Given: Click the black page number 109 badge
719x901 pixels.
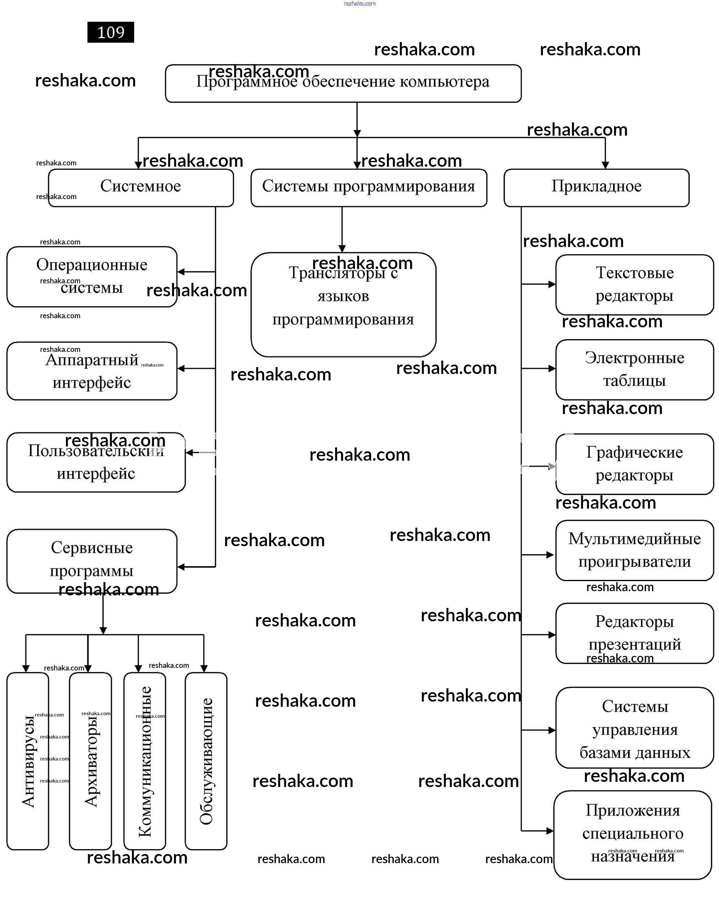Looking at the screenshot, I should (x=110, y=32).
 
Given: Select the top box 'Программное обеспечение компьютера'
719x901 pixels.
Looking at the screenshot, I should (x=343, y=83).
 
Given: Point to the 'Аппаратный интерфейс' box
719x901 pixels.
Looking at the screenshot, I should (x=92, y=371).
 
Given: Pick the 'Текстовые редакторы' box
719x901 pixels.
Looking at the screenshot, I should (x=634, y=284).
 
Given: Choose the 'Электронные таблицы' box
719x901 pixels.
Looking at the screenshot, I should (x=634, y=369).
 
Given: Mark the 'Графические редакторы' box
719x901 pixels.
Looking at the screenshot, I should (x=634, y=464).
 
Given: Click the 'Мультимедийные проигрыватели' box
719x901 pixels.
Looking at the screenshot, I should (x=634, y=550).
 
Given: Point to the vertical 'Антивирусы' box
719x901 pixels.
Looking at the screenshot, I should (x=28, y=760).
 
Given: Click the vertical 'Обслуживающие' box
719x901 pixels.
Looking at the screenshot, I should (x=206, y=760).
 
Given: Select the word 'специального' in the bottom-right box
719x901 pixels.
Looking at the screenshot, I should (x=633, y=833).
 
